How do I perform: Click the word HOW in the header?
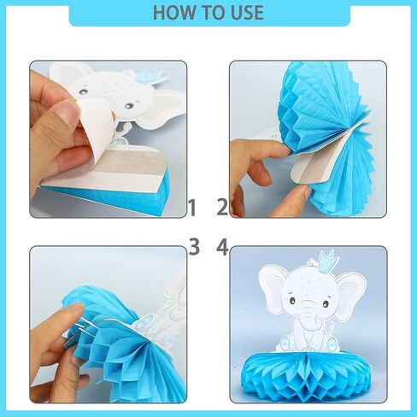click(x=176, y=13)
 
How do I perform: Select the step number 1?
click(x=193, y=208)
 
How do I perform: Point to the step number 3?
click(x=194, y=247)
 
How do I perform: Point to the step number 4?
click(x=223, y=247)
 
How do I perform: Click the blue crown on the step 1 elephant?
click(x=150, y=75)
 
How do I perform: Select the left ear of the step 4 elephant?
click(x=275, y=291)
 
